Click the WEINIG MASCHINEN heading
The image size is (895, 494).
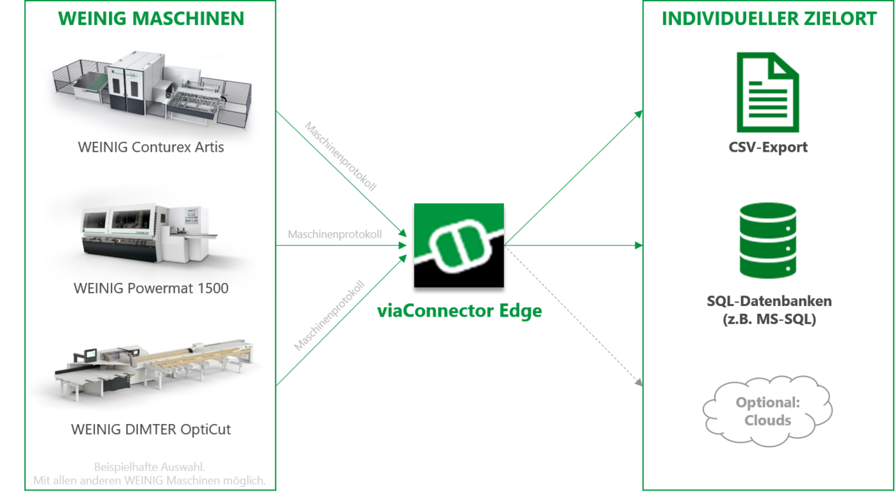click(151, 19)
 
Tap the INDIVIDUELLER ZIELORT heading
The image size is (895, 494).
click(769, 19)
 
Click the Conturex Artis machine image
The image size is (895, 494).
click(152, 90)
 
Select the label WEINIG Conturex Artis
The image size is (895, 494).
click(150, 147)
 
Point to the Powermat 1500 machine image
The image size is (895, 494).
click(150, 233)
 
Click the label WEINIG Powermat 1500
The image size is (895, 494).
click(151, 288)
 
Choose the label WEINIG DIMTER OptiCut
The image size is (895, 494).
click(151, 429)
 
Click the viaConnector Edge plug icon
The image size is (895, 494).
click(459, 245)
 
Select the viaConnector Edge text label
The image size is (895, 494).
click(459, 311)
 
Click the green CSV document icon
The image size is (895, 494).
click(768, 92)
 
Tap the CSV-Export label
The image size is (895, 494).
click(768, 147)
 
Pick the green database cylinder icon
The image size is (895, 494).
click(768, 240)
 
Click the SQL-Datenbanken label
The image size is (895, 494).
click(769, 300)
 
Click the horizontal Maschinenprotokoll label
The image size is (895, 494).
click(335, 234)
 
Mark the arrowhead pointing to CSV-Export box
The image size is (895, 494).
click(639, 114)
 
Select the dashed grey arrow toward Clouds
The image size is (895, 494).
click(574, 317)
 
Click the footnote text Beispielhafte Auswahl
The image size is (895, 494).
click(150, 467)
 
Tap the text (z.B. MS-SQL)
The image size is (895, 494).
click(769, 319)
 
